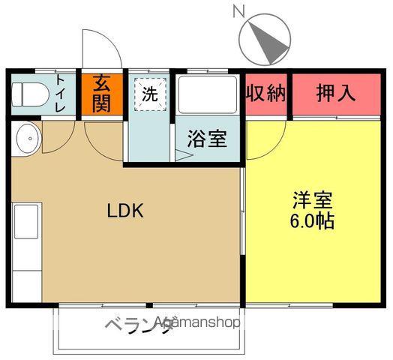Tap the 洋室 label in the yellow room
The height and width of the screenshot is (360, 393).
313,201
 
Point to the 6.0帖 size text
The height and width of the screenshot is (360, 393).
313,222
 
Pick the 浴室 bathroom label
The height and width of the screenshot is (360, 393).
208,140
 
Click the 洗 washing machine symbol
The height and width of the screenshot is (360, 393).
150,94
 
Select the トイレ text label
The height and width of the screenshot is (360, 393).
60,94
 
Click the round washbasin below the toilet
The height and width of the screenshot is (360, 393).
27,138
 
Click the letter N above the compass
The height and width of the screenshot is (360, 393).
239,10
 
